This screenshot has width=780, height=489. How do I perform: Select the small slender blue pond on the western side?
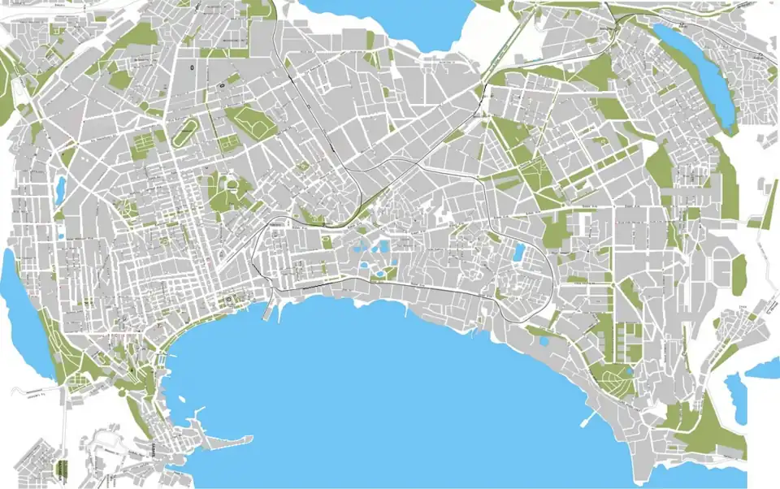tap(60, 188)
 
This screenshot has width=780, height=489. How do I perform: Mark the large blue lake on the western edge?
tap(19, 309)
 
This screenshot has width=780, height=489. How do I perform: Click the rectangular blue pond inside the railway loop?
tap(518, 253)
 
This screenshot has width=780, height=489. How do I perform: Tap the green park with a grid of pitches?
tap(143, 147)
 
